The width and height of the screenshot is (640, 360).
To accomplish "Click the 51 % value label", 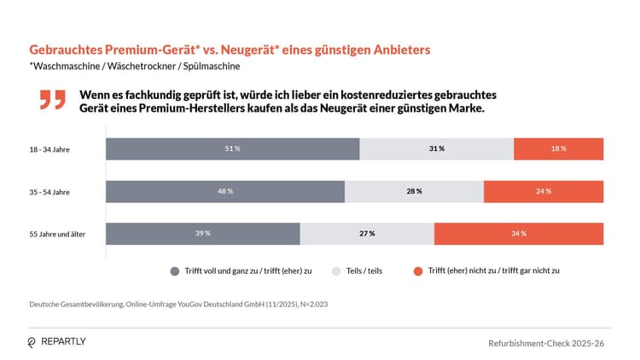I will pos(232,148).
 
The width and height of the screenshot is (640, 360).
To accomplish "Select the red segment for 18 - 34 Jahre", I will pos(558,148).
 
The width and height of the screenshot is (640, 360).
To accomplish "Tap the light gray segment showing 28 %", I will pos(414,191).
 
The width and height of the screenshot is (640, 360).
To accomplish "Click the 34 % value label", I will pos(518,234).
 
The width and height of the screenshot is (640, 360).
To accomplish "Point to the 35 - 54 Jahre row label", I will pos(49,192).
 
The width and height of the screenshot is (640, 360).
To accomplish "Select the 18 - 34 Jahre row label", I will pos(49,149).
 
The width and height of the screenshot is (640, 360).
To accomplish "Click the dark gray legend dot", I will pos(175,270).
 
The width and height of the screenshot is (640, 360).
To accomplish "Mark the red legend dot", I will pos(418,270).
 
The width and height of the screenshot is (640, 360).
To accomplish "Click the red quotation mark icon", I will pos(52,99).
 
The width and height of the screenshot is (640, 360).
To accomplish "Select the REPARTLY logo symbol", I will pos(32,341).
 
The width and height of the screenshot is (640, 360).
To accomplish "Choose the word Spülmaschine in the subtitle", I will pos(212,66).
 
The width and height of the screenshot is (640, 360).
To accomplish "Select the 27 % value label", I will pos(367,234).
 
